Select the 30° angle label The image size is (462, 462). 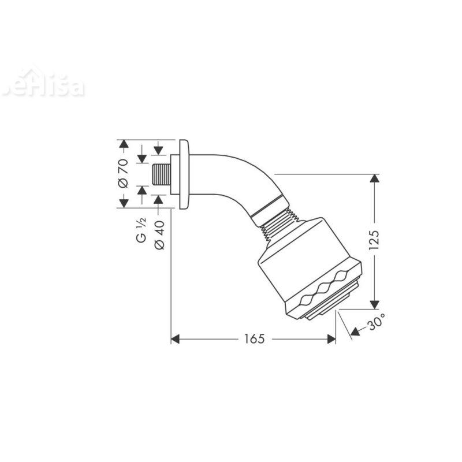(376, 325)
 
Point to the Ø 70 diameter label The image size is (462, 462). (123, 173)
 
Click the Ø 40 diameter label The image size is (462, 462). (160, 236)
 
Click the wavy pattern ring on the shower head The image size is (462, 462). (327, 289)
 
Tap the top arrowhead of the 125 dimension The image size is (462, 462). (374, 179)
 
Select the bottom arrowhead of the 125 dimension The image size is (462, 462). (374, 301)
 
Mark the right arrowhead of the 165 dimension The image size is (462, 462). (331, 339)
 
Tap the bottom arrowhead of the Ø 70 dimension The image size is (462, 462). (123, 202)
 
